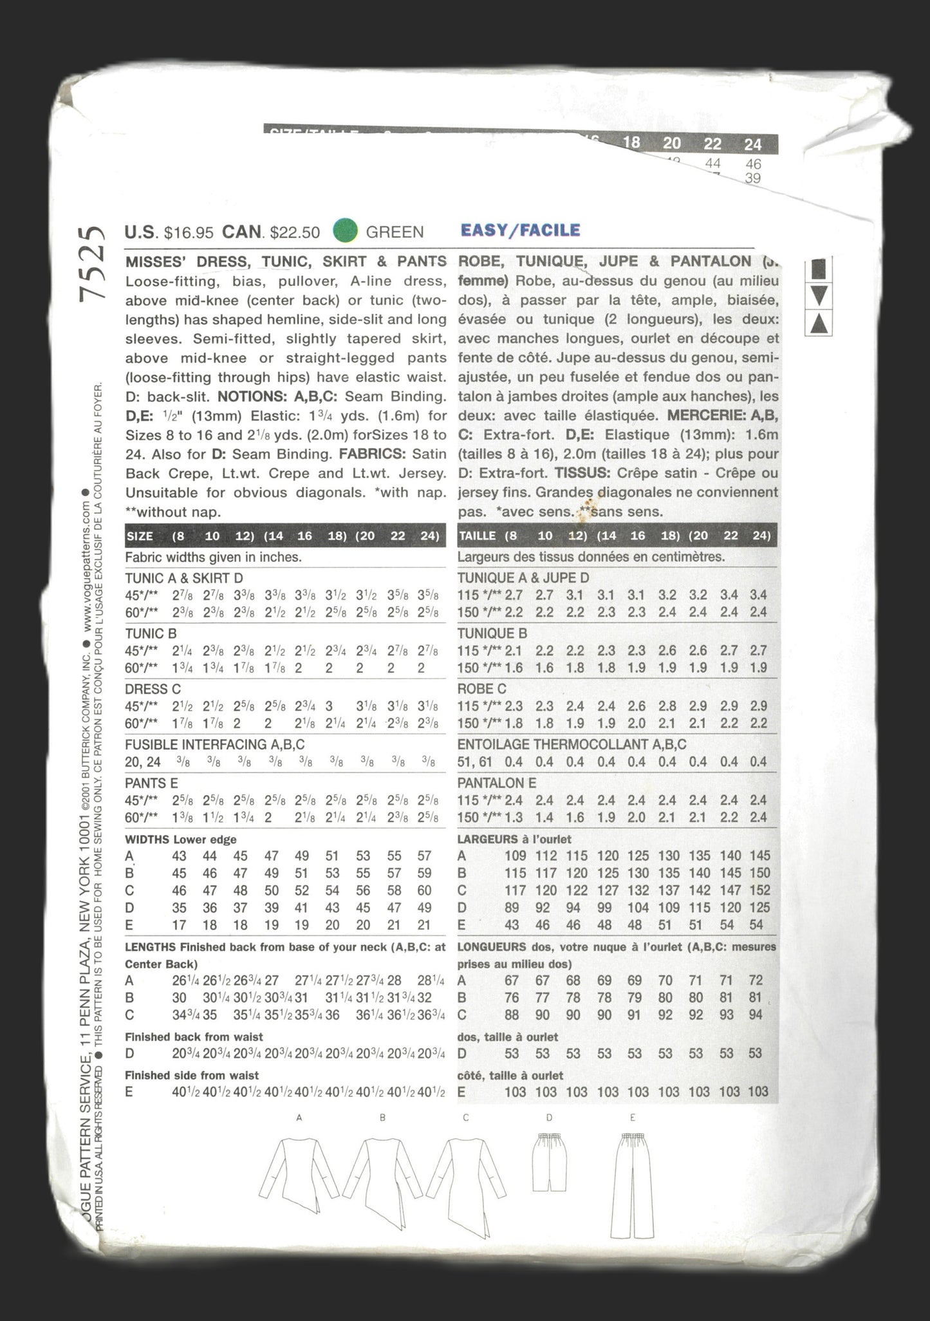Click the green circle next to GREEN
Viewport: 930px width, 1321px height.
point(346,231)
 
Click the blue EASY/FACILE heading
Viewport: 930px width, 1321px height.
point(520,230)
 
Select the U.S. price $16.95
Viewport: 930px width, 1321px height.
point(189,232)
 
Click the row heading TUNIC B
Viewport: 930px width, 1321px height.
point(151,633)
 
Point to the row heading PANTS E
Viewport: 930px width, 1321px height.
point(151,783)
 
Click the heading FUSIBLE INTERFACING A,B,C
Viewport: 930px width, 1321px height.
point(214,745)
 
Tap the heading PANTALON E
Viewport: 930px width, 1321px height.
point(497,783)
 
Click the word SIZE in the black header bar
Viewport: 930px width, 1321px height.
point(140,536)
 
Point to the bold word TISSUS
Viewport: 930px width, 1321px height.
point(582,473)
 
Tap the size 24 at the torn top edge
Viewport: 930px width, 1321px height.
point(752,144)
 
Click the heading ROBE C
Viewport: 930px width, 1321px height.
point(482,689)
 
